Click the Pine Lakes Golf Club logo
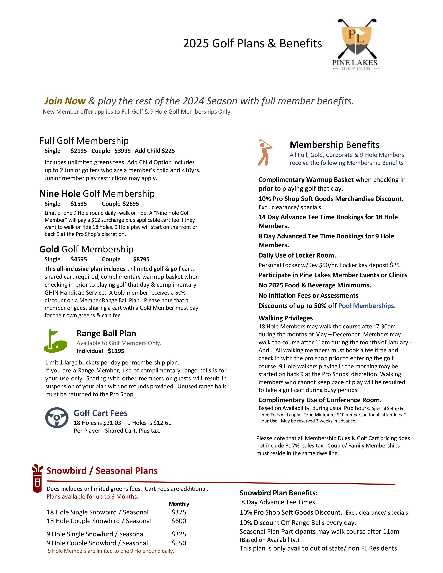pos(356,44)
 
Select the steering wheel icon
pos(57,417)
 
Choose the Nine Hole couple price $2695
pos(131,204)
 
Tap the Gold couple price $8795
pos(141,259)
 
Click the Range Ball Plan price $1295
pos(116,351)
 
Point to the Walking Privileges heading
pos(285,318)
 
